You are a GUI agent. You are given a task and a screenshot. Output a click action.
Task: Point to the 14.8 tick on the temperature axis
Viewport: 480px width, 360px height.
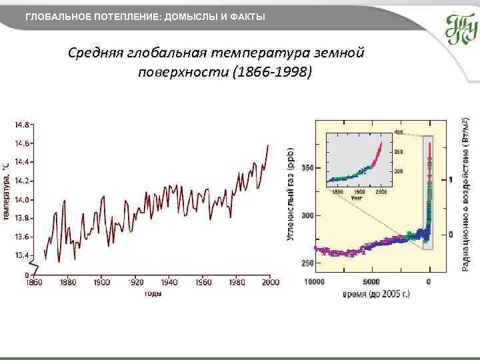[x=22, y=125]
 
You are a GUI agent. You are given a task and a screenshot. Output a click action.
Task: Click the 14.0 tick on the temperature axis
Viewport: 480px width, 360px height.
[x=22, y=199]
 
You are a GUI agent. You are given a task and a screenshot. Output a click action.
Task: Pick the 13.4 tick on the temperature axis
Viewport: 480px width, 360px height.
[x=22, y=255]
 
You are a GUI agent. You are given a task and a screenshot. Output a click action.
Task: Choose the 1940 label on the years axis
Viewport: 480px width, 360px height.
[x=169, y=283]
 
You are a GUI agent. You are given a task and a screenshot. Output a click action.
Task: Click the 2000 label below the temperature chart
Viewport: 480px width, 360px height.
[x=269, y=283]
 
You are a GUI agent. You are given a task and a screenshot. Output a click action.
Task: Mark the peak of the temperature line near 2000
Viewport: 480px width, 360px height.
[x=268, y=145]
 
